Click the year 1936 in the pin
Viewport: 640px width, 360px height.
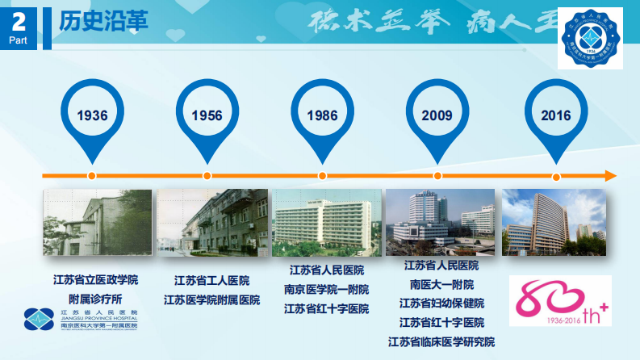[92, 115]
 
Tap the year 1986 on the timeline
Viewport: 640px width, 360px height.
[322, 115]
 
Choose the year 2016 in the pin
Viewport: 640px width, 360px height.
[556, 115]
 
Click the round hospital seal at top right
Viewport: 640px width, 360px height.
[592, 40]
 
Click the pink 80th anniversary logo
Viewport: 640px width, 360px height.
[560, 300]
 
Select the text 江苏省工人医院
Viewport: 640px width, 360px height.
[211, 281]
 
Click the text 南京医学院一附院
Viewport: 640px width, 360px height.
[326, 289]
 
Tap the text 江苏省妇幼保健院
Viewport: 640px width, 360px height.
[441, 303]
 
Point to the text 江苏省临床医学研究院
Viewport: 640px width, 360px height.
[441, 341]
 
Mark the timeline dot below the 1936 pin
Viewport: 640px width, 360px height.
[92, 175]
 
